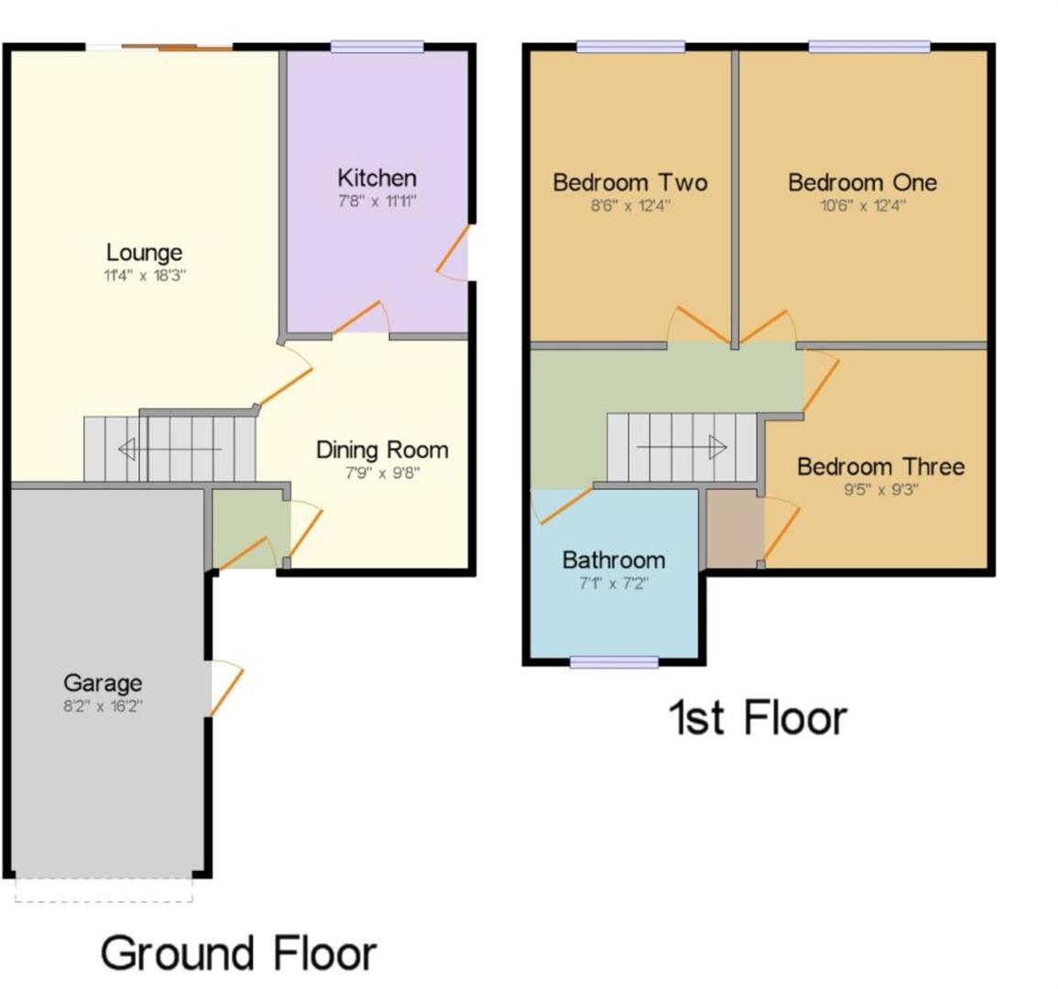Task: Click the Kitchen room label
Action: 376,178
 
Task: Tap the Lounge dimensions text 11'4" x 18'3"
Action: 144,275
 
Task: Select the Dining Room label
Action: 382,450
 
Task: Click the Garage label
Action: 103,683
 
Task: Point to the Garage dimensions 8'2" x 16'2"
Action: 103,706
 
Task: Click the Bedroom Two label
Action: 630,182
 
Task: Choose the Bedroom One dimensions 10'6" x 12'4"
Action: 863,205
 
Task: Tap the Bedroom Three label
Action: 880,467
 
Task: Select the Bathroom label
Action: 614,560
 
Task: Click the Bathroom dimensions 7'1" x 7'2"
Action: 614,583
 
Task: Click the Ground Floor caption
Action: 238,953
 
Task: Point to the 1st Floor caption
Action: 758,717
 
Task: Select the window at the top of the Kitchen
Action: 377,47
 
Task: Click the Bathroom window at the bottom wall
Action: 614,662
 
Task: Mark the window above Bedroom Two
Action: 630,47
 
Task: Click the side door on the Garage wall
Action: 224,687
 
